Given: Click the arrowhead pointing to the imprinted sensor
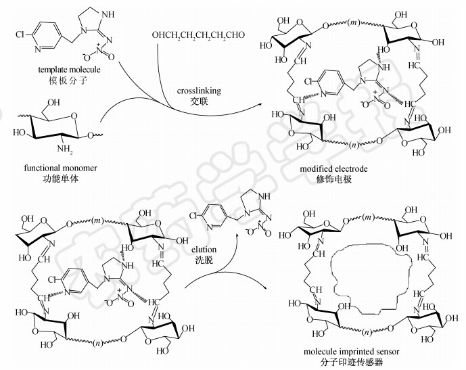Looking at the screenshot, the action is [275, 287].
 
